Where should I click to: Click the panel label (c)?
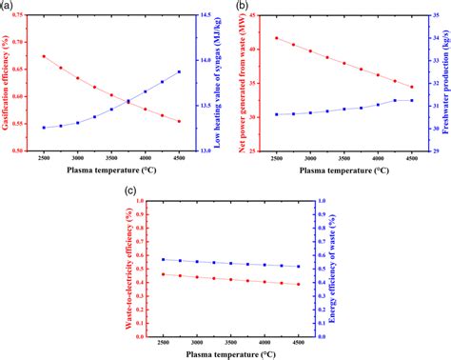coord(131,191)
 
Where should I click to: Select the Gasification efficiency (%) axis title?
coord(7,81)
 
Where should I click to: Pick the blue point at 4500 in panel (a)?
coord(179,72)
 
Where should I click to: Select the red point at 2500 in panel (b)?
coord(276,38)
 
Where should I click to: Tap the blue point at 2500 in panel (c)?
coord(163,259)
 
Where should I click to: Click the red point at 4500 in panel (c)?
coord(298,284)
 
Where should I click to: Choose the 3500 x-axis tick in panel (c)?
coord(230,341)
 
